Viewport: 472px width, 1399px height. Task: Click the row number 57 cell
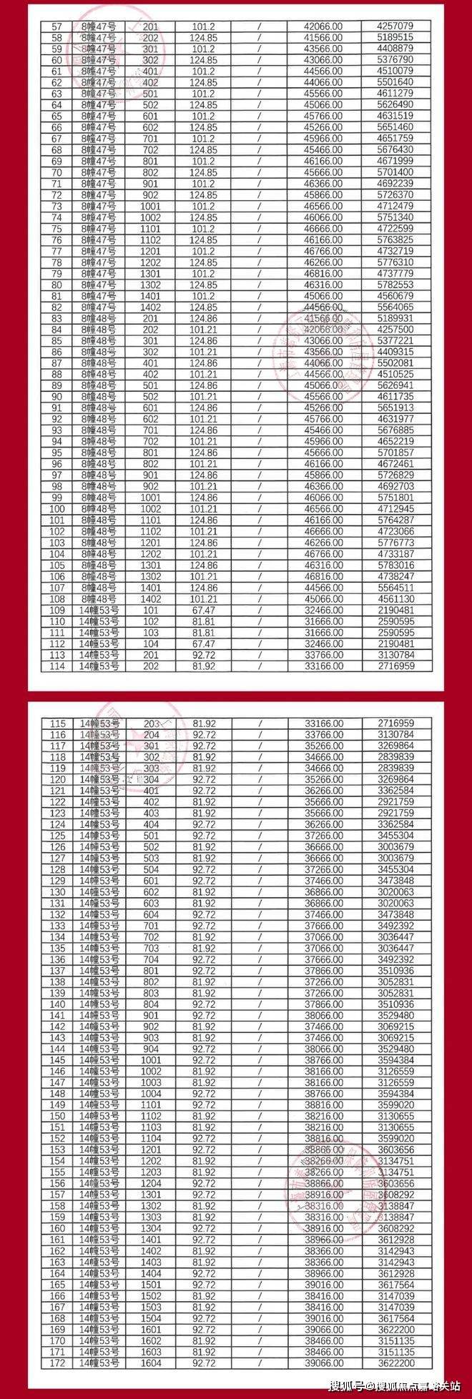pos(57,26)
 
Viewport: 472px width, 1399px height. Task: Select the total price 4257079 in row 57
pos(395,26)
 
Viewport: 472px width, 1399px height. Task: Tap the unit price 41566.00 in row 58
pos(324,37)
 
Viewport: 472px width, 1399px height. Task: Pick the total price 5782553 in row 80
pos(395,285)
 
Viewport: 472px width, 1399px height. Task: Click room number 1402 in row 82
pos(151,307)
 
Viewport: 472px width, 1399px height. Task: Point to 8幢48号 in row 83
pos(99,318)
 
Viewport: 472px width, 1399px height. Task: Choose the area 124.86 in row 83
pos(204,318)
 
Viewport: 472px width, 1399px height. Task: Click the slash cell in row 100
pos(260,509)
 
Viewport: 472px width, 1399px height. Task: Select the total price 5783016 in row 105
pos(395,565)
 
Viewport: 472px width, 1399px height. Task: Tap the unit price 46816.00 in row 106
pos(324,576)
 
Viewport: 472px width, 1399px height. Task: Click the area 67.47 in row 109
pos(204,610)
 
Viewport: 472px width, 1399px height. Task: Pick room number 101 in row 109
pos(151,610)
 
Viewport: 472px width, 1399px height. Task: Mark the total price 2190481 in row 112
pos(395,643)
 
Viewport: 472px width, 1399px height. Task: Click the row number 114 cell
pos(57,666)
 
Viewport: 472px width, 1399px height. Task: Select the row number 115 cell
pos(57,723)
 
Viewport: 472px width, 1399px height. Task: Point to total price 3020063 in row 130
pos(395,892)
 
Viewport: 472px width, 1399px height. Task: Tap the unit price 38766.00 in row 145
pos(324,1060)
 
